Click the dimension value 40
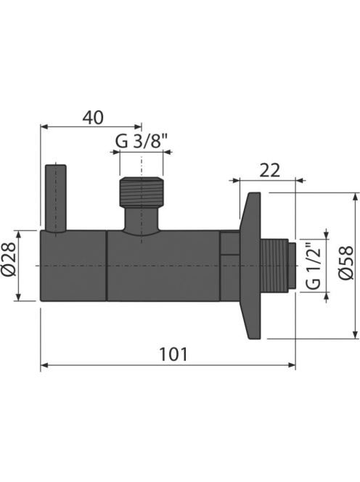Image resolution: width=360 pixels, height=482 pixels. (93, 118)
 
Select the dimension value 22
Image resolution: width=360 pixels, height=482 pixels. (270, 171)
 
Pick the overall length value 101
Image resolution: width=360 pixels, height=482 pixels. (173, 354)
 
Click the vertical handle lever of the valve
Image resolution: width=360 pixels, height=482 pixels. (56, 198)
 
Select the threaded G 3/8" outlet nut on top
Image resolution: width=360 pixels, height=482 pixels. (141, 192)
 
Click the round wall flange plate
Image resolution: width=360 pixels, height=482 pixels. (250, 266)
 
